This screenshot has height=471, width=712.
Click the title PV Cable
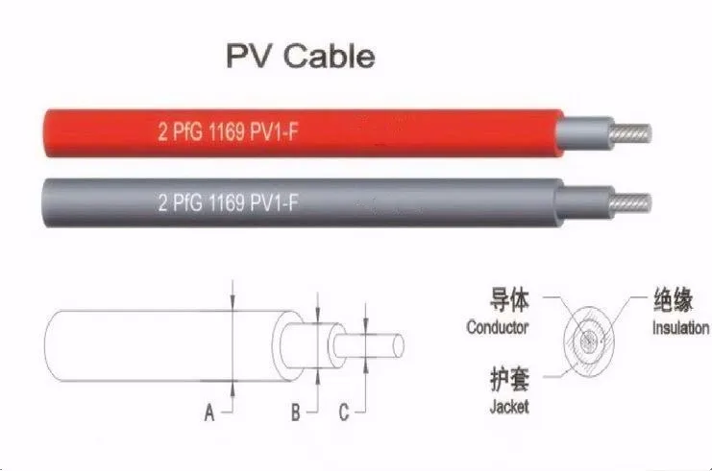point(301,56)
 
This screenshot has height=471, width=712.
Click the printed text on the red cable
point(229,132)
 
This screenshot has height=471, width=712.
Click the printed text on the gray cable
point(229,201)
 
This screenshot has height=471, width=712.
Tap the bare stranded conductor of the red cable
point(630,134)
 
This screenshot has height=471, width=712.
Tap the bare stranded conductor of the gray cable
point(630,202)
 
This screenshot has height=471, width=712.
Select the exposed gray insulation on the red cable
point(584,133)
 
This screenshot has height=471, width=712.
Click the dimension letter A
point(209,413)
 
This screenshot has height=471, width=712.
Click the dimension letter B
point(296,412)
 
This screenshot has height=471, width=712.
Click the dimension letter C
point(344,412)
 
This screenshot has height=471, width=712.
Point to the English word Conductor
point(498,327)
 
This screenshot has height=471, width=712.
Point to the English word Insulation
point(680,327)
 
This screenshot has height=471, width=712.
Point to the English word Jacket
point(509,407)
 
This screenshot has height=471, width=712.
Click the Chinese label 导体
point(509,299)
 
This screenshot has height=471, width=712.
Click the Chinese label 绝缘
point(674,299)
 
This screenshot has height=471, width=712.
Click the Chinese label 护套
point(509,379)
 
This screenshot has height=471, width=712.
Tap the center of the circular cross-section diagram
point(589,341)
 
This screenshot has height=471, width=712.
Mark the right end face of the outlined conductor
point(399,346)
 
